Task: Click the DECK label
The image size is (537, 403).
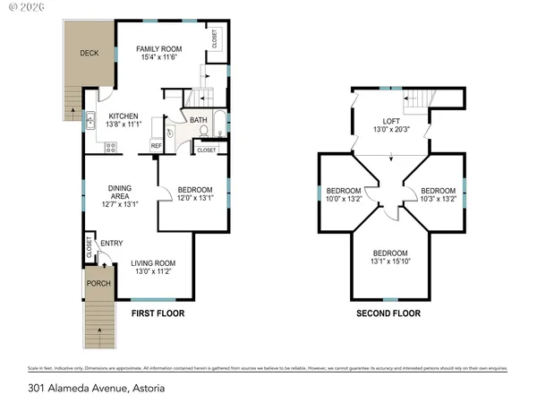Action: click(89, 53)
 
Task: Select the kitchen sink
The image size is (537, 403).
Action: click(90, 116)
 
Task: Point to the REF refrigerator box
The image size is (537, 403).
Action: click(156, 145)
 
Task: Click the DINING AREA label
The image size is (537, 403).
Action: click(120, 192)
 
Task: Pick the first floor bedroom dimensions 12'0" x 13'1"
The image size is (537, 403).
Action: click(195, 199)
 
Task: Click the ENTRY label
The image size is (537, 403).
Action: click(112, 243)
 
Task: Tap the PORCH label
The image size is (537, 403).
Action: click(98, 284)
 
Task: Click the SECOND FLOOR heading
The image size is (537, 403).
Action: click(388, 313)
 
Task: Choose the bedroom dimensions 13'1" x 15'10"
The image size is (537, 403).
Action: click(390, 262)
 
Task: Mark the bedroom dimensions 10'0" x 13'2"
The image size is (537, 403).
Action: click(344, 200)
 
